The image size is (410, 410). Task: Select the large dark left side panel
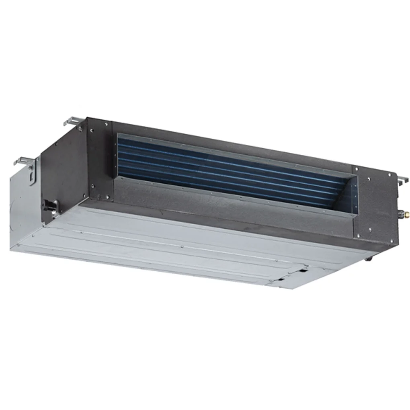click(64, 169)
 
